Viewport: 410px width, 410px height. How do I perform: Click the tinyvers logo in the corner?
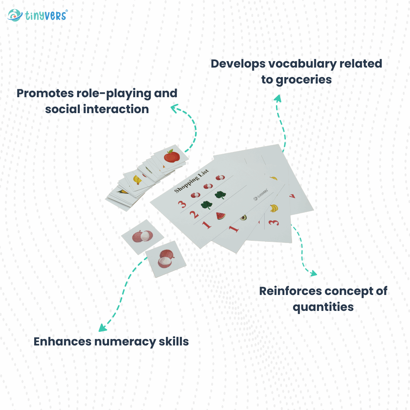(x=37, y=15)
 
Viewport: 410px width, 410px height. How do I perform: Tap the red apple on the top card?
(x=171, y=156)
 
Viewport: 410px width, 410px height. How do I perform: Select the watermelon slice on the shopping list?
(x=221, y=216)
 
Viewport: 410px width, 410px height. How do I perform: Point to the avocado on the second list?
(x=243, y=218)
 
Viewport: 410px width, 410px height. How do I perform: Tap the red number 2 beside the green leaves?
(x=194, y=214)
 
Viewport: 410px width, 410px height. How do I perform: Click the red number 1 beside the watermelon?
(x=207, y=225)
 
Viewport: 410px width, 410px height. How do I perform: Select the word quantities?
(x=323, y=307)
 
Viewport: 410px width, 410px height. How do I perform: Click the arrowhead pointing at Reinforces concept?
(x=313, y=273)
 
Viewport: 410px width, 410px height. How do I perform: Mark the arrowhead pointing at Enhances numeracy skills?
(x=101, y=328)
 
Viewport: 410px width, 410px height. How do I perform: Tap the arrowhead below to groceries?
(x=278, y=99)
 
